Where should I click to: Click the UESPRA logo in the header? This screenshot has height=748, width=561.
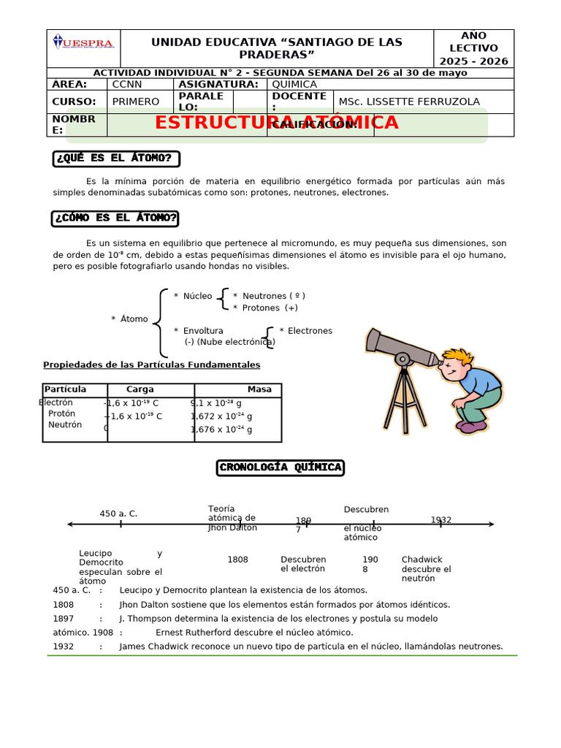point(83,44)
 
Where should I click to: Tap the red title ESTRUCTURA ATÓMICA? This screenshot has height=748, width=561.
point(276,123)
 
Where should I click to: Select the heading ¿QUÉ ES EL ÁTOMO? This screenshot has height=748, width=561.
point(116,159)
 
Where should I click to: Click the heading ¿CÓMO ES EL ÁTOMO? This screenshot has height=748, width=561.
point(115,218)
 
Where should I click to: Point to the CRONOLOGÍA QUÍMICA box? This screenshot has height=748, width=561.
point(280,467)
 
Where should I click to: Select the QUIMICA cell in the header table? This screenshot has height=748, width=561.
point(294,84)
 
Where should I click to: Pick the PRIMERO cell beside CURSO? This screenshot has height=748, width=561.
point(136,102)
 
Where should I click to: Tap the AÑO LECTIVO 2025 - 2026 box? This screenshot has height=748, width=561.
point(473,49)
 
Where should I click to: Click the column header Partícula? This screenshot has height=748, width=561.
point(65,389)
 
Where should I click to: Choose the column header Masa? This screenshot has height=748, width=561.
point(259,389)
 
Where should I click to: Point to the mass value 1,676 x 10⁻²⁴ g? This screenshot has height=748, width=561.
point(222,430)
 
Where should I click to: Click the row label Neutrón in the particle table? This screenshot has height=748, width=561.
point(65,424)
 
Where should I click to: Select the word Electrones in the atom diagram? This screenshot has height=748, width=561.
point(310,331)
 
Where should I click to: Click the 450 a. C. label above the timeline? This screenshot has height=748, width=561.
point(118,514)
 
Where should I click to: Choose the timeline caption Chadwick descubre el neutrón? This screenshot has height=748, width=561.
point(427,569)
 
